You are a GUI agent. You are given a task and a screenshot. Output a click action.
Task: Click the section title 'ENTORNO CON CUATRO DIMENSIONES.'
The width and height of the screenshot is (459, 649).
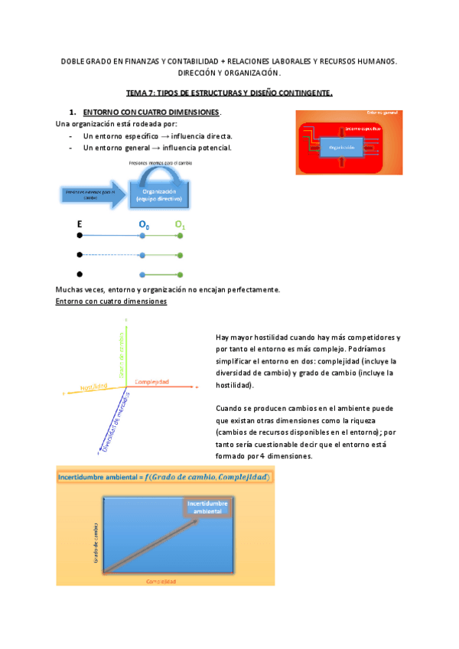tap(151, 113)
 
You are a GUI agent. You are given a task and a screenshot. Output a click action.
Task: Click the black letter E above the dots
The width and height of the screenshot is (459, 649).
tap(80, 225)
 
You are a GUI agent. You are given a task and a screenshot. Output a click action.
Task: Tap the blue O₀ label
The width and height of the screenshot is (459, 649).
tap(144, 225)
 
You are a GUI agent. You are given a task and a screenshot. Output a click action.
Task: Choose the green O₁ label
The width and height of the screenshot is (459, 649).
tap(180, 225)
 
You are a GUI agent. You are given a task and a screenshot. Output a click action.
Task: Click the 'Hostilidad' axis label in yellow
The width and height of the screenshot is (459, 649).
tap(96, 387)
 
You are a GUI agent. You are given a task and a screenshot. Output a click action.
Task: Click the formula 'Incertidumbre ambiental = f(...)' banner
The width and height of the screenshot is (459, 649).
tap(166, 477)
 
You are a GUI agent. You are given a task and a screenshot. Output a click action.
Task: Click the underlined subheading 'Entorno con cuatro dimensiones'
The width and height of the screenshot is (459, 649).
tap(111, 302)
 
